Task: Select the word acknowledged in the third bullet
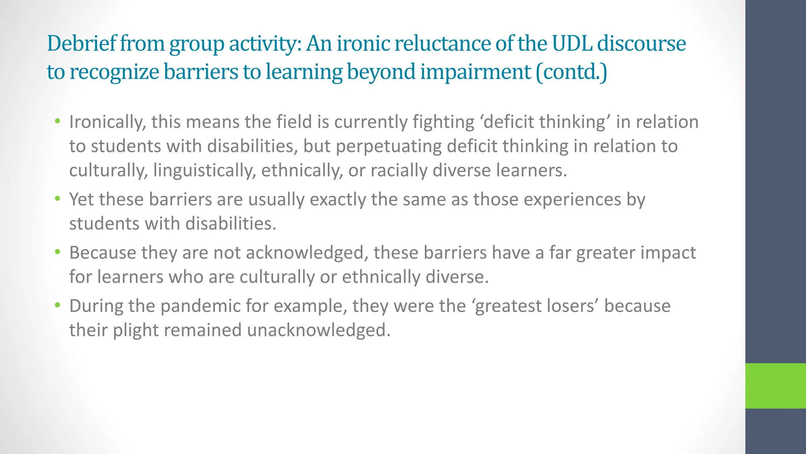click(307, 253)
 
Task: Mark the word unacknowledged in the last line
click(319, 330)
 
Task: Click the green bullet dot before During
click(58, 305)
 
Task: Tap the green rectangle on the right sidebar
click(775, 385)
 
